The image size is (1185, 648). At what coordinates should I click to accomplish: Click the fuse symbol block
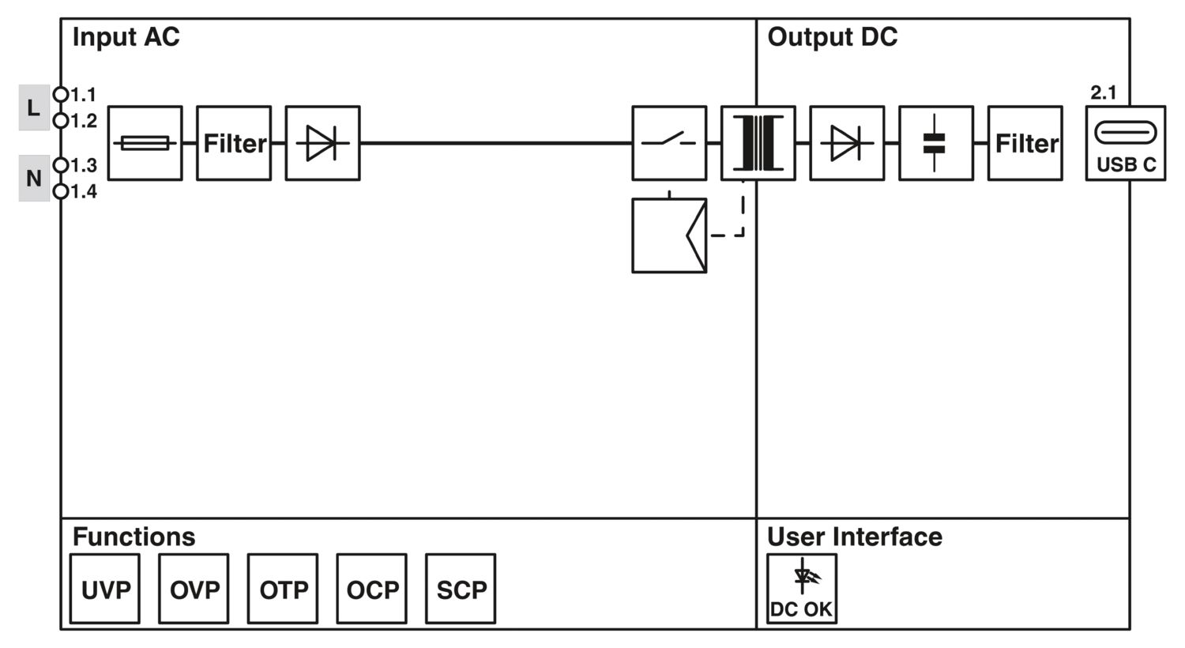145,143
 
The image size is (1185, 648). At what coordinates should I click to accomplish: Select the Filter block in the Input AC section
234,143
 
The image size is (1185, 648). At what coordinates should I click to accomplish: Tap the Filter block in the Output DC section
1025,143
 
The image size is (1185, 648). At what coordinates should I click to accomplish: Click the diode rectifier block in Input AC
322,143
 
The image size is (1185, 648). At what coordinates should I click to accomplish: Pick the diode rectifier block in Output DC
847,143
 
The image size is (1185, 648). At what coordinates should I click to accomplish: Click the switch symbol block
669,143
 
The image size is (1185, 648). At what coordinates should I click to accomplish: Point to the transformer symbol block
758,143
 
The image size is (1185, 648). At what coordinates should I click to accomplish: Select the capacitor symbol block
935,143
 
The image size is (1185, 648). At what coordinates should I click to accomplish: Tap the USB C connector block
1125,143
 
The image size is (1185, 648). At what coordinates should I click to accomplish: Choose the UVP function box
105,589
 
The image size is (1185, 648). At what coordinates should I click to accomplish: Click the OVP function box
194,589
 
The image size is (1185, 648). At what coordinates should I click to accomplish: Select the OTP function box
283,589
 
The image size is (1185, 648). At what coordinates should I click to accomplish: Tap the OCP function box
372,589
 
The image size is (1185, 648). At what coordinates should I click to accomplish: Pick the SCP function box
461,589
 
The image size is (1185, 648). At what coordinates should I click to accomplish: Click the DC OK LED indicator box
801,589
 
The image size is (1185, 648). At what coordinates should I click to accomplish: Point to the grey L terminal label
34,107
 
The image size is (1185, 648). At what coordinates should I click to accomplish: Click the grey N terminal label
34,179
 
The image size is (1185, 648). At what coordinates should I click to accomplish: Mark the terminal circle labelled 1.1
61,95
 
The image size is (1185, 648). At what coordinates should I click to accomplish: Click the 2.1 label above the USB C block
1104,92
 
